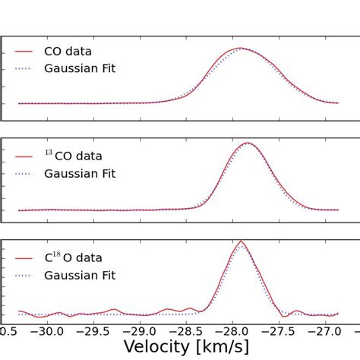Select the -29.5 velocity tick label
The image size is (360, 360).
[x=94, y=331]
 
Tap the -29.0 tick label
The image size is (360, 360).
[x=141, y=331]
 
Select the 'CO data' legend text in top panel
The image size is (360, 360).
[x=68, y=52]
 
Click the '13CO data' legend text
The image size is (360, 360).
[x=73, y=156]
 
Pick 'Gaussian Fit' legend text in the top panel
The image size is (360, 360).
[x=80, y=69]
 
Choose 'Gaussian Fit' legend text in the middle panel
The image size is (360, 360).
[x=80, y=173]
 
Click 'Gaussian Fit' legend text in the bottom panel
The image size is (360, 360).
[x=80, y=276]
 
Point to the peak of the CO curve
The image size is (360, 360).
[x=241, y=48]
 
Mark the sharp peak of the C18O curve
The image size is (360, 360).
[x=241, y=241]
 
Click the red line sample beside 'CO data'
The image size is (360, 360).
[x=24, y=52]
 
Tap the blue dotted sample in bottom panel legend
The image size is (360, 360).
[x=24, y=276]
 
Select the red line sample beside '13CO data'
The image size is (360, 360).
[x=24, y=156]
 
